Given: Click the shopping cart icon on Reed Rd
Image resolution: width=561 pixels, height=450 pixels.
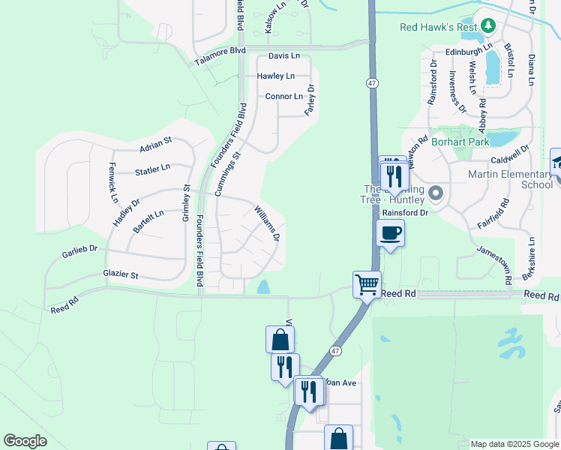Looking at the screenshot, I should tap(367, 284).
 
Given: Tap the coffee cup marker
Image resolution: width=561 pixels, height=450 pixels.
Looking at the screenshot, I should tap(390, 233).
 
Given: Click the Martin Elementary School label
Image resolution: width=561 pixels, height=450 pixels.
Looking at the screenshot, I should tap(510, 179).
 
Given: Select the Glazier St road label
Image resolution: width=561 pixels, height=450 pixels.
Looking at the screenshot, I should tap(121, 275).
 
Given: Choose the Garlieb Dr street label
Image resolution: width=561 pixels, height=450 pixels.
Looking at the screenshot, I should tap(80, 253).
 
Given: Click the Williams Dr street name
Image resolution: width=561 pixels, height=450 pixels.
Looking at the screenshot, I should tap(267, 224).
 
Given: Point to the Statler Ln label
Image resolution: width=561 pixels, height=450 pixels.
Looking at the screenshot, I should tap(153, 171).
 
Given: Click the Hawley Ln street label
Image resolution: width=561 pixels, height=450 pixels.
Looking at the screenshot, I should tap(276, 76).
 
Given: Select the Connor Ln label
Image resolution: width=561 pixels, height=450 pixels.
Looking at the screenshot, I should tap(284, 97).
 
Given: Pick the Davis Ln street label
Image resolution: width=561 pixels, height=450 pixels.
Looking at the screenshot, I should tap(284, 56).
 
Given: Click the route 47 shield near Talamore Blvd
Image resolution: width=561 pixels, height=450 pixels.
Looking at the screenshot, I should tap(372, 82).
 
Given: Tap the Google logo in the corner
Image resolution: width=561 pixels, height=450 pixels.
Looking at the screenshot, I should tap(25, 441).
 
